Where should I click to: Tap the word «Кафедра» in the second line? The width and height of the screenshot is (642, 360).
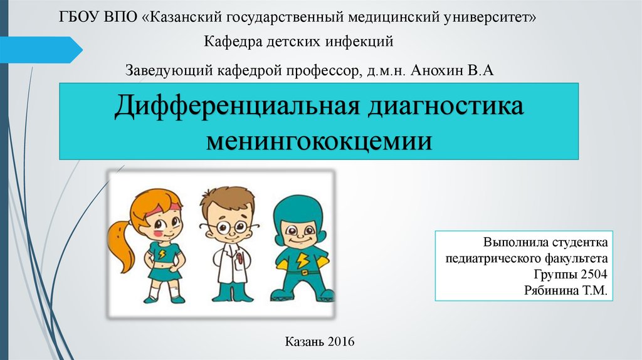[233, 42]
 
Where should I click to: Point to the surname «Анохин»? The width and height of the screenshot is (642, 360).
[437, 70]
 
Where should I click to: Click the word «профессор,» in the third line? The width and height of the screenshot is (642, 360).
[324, 71]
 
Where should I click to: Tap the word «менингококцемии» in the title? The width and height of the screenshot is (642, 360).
[319, 141]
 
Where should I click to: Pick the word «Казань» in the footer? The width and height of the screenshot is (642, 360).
[304, 341]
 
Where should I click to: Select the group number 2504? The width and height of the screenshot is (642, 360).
[594, 274]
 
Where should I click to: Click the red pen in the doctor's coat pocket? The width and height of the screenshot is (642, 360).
[239, 258]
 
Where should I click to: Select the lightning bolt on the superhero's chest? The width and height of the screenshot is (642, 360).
[302, 260]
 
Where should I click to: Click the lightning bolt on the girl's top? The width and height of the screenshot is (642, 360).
[162, 254]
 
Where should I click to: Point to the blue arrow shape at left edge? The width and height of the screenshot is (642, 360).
[41, 50]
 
